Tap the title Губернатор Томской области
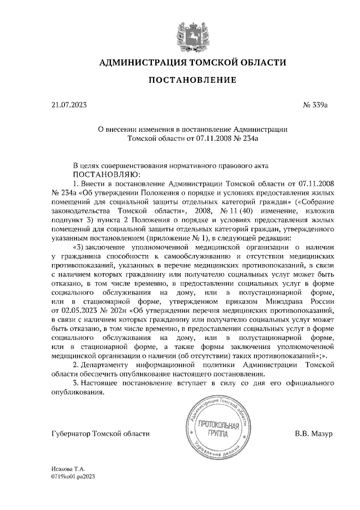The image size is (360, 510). [x=100, y=434]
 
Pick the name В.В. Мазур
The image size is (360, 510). [x=314, y=434]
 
